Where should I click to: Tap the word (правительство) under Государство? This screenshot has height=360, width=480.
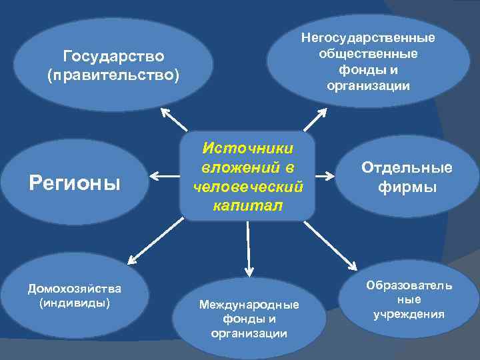pyautogui.click(x=113, y=74)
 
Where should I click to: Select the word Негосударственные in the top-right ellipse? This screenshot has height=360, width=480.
pyautogui.click(x=368, y=37)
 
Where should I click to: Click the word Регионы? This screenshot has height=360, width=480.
pyautogui.click(x=75, y=182)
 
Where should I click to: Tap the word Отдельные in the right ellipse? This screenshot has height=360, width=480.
pyautogui.click(x=407, y=168)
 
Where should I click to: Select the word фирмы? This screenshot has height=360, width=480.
pyautogui.click(x=407, y=187)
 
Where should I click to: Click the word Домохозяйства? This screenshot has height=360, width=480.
pyautogui.click(x=74, y=289)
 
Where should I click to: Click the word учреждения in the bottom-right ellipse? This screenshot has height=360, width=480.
pyautogui.click(x=409, y=314)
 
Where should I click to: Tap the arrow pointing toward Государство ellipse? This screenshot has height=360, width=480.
pyautogui.click(x=175, y=119)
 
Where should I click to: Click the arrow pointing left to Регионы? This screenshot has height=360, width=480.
pyautogui.click(x=164, y=176)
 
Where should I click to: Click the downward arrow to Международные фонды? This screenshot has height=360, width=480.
pyautogui.click(x=248, y=248)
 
